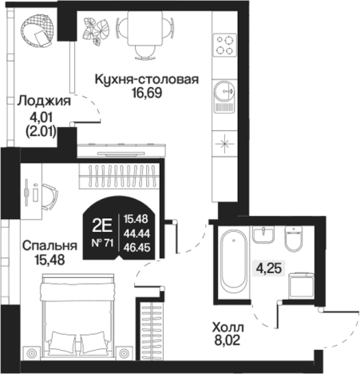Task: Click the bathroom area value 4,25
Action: [x=269, y=269]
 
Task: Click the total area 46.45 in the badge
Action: [x=136, y=249]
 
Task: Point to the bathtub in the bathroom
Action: [x=234, y=261]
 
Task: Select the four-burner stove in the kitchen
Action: [x=223, y=43]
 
